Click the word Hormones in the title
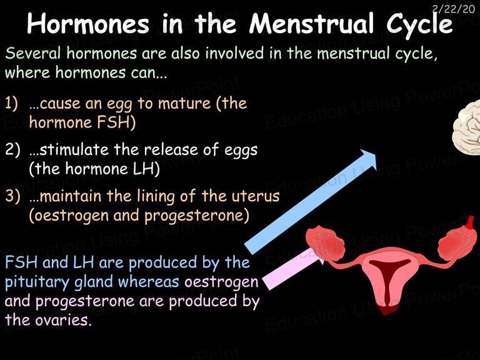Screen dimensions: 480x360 coord(88,24)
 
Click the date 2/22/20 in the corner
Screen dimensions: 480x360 coord(454,9)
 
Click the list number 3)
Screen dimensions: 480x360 coord(12,196)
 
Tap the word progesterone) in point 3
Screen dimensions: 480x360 coord(196,216)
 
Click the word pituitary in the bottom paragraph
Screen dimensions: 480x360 coord(37,282)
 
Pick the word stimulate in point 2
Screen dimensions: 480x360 coord(74,150)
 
